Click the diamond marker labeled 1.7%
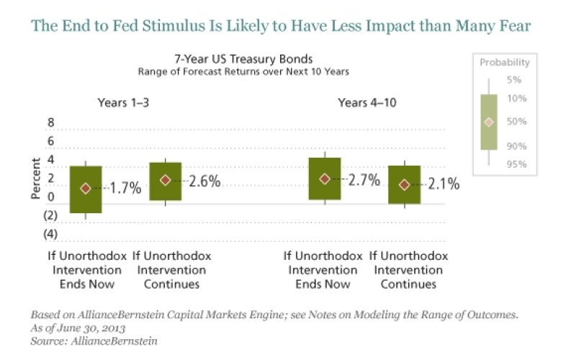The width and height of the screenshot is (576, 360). pos(86,188)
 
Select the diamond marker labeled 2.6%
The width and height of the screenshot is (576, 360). pos(166,180)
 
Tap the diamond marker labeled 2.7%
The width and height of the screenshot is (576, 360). pos(325,179)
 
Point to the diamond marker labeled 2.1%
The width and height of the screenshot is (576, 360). pos(404,184)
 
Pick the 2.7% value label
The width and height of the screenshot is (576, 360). pos(364,179)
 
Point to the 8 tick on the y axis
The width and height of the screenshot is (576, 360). pos(51,123)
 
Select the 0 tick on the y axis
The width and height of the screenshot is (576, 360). pos(51,197)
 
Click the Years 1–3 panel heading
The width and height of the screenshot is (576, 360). pos(124,102)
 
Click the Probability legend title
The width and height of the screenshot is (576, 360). pos(505,63)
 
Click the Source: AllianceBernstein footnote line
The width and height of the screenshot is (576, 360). pos(93,341)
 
